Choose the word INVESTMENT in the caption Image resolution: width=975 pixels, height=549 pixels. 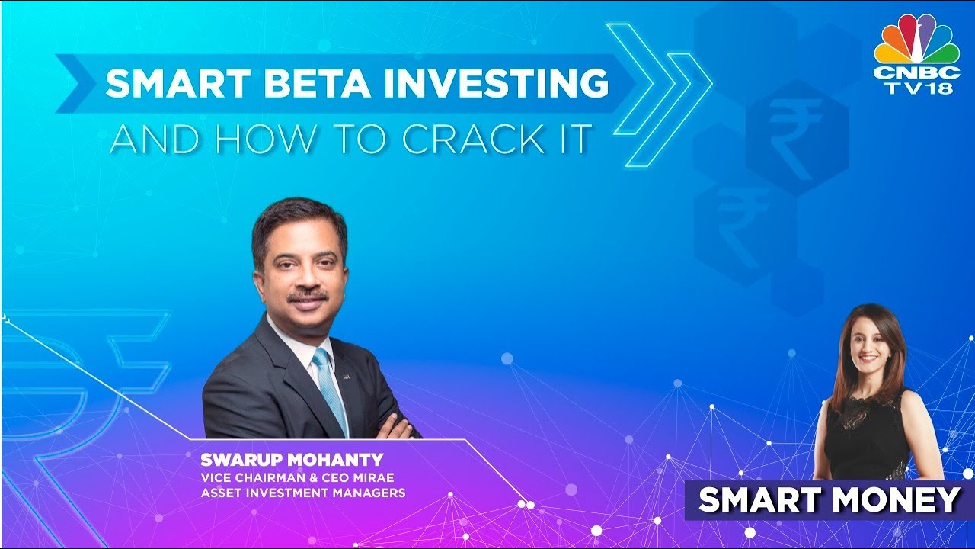click(289, 493)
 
